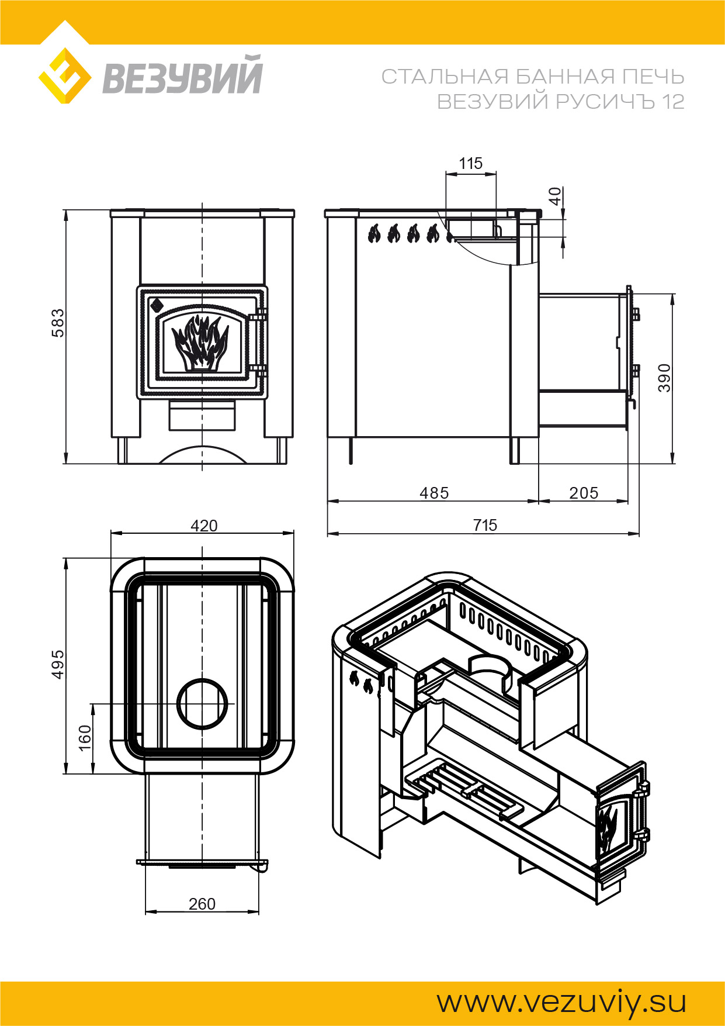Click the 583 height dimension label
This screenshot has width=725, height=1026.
click(58, 323)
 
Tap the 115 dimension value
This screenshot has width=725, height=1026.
click(471, 163)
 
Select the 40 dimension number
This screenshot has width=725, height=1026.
click(555, 196)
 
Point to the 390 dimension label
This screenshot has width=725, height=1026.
click(664, 377)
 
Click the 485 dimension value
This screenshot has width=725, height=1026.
click(434, 493)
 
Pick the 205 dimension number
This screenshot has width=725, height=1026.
click(584, 493)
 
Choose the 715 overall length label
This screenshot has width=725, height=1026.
click(485, 525)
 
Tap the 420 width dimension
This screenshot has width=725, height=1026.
click(204, 526)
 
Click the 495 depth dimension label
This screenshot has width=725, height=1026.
click(58, 664)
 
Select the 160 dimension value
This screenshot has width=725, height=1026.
click(85, 738)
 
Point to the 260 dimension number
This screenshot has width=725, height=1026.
click(202, 904)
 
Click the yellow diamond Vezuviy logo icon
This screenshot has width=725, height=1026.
click(65, 76)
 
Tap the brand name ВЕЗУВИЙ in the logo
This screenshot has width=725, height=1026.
click(182, 76)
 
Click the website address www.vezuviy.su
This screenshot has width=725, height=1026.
click(561, 1002)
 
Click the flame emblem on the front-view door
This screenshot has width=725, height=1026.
click(200, 343)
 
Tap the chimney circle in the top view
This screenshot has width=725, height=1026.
click(202, 704)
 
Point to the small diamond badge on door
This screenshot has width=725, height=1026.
click(157, 305)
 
